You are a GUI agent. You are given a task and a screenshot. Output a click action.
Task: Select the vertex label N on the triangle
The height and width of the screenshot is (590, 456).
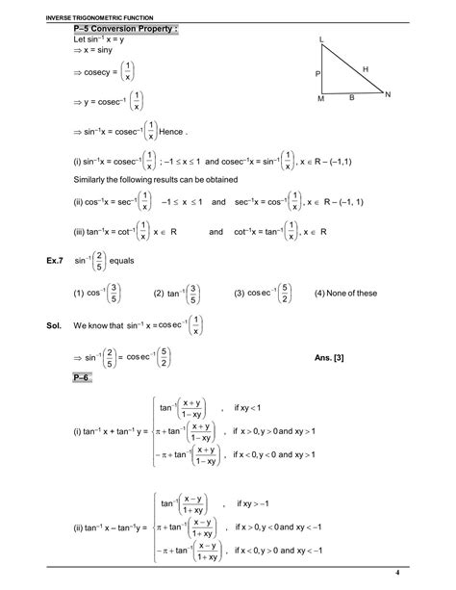pos(388,94)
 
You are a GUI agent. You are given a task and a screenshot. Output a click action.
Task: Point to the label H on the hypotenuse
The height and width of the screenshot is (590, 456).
pos(366,68)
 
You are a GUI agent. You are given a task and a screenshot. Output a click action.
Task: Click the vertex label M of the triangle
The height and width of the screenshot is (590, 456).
pos(321,99)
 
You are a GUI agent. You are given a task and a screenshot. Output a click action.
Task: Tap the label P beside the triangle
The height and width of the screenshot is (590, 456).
pos(317,74)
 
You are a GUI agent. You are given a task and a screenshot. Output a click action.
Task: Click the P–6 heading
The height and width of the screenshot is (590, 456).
pos(85,381)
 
